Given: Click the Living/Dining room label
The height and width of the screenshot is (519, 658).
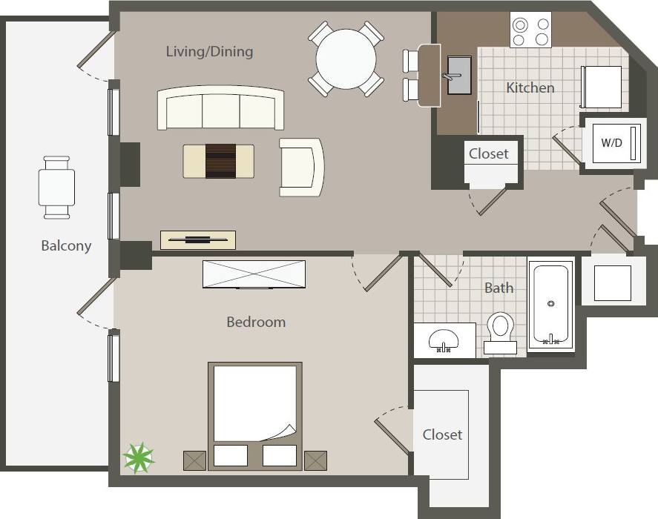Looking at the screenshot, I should click(209, 51).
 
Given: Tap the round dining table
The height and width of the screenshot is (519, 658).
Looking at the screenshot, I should click(346, 59).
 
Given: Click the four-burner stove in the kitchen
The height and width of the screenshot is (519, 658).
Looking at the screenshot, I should click(530, 30).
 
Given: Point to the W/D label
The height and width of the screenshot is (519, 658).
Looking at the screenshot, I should click(611, 142).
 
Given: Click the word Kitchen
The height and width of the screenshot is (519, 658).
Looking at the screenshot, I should click(530, 87).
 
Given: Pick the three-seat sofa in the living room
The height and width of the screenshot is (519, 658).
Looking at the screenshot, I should click(220, 109).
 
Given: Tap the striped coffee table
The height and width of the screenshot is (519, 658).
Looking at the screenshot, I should click(219, 161).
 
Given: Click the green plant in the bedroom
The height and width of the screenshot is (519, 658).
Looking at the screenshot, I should click(138, 457).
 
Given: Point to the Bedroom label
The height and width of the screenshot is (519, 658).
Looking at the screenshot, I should click(256, 322).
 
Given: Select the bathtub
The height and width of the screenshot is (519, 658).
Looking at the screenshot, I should click(550, 304).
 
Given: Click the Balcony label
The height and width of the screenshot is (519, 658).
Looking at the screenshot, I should click(66, 245).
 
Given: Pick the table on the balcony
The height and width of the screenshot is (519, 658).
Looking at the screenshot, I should click(57, 187).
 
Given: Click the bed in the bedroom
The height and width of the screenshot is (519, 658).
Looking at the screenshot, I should click(255, 414).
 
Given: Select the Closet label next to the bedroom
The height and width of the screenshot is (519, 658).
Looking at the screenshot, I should click(442, 434).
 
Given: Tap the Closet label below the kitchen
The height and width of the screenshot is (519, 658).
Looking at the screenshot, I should click(489, 153).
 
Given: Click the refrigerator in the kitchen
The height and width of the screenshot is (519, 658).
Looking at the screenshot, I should click(602, 87).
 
